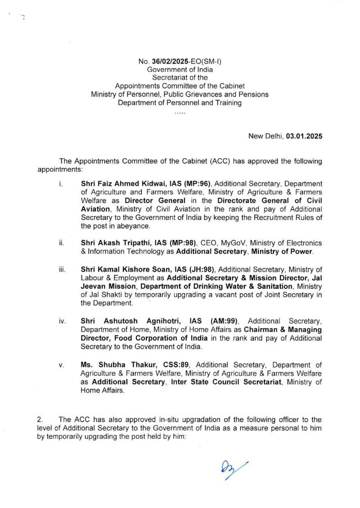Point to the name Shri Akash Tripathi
[x=114, y=243]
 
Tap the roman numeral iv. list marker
[x=63, y=321]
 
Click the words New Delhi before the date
[x=265, y=135]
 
